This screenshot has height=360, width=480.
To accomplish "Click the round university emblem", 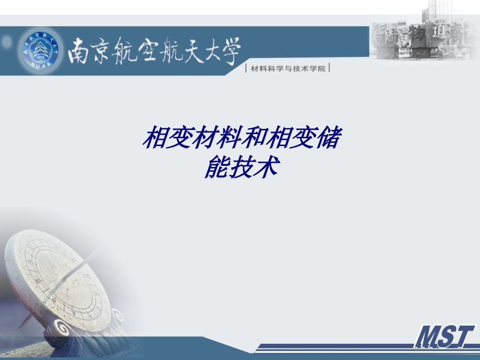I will click(x=40, y=51).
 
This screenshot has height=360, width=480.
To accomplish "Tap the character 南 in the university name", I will click(x=82, y=53).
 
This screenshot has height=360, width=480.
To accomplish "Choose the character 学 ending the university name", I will click(x=230, y=53).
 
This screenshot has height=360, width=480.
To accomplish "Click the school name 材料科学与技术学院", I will click(x=288, y=68).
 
